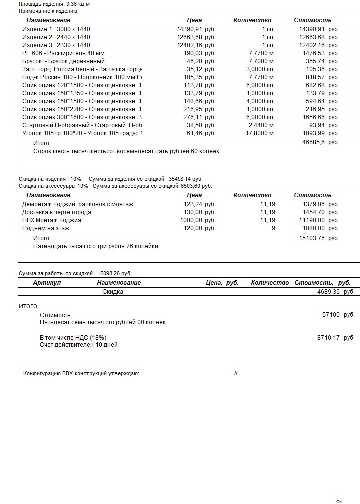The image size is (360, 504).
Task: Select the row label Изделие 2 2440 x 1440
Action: pyautogui.click(x=56, y=37)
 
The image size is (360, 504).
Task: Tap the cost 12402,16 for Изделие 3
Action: pyautogui.click(x=312, y=45)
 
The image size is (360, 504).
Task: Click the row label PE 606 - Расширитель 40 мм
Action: pyautogui.click(x=63, y=53)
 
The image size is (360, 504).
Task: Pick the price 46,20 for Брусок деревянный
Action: pyautogui.click(x=194, y=61)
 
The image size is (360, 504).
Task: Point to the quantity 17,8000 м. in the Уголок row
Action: pyautogui.click(x=260, y=133)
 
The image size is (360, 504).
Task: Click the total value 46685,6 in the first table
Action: pyautogui.click(x=313, y=142)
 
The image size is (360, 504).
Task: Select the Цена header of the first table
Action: pyautogui.click(x=194, y=20)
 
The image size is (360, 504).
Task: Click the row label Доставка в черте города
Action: pyautogui.click(x=57, y=212)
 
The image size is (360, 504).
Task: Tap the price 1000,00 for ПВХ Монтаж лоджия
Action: pyautogui.click(x=191, y=220)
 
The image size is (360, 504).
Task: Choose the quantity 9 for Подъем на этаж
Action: pyautogui.click(x=273, y=228)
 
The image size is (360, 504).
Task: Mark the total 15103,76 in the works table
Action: pyautogui.click(x=312, y=238)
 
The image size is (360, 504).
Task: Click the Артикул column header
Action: pyautogui.click(x=47, y=283)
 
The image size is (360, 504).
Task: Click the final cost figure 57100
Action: pyautogui.click(x=331, y=315)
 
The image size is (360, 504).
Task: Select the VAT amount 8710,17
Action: pyautogui.click(x=328, y=338)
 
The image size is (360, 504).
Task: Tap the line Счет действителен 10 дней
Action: pyautogui.click(x=79, y=345)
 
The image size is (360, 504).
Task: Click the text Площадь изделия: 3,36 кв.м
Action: pyautogui.click(x=54, y=4)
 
